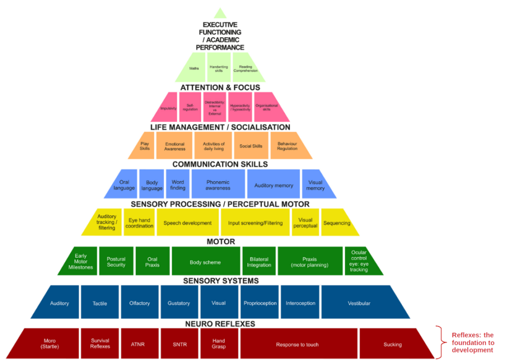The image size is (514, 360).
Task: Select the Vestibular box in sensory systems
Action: coord(359,303)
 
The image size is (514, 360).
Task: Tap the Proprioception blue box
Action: coord(260,303)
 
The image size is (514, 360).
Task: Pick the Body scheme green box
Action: coord(205,261)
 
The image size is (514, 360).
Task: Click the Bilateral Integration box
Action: coord(259,261)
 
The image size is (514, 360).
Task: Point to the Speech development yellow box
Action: coord(187,222)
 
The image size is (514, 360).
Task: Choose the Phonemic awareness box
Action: coord(218,184)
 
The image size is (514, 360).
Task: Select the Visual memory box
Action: coord(314,184)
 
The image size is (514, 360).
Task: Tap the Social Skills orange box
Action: coord(250,146)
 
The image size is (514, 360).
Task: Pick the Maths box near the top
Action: coord(194,68)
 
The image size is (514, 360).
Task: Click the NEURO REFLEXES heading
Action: coord(220,324)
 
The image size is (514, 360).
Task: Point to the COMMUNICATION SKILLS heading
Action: coord(220,164)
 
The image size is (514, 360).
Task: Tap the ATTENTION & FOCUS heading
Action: coord(220,87)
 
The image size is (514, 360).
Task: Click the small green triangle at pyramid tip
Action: coord(220,14)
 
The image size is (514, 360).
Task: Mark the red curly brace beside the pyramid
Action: coord(441,342)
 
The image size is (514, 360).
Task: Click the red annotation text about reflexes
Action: coord(473,342)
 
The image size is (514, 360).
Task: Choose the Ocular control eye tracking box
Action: coord(359,261)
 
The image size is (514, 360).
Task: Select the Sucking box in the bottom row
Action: coord(393,344)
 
